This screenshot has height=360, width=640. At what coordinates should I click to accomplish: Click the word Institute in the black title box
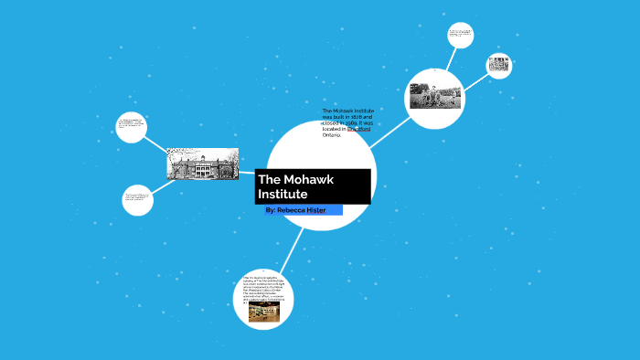pos(283,194)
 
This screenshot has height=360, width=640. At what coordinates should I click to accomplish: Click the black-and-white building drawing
pos(202,164)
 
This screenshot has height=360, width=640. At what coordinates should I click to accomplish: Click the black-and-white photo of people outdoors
pos(435,95)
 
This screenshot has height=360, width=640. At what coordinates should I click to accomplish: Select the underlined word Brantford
pos(358,129)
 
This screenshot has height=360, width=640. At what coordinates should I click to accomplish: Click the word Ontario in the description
pos(331,134)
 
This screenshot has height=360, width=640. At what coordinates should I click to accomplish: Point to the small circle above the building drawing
pos(132,126)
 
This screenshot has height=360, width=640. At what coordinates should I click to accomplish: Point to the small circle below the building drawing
pos(137,199)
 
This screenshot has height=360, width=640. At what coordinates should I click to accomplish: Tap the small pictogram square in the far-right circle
pos(498,65)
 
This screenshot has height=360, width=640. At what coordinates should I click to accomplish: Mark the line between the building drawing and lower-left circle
pos(161,185)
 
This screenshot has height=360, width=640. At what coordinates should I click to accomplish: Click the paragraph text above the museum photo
pos(264,287)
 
